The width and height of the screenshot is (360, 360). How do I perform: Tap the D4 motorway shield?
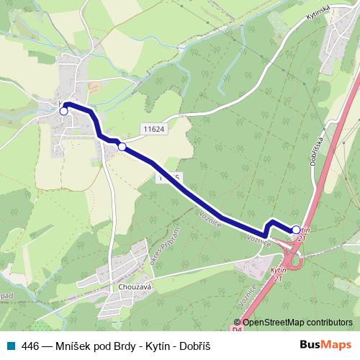[238, 329]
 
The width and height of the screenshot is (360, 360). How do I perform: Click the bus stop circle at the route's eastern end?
[297, 230]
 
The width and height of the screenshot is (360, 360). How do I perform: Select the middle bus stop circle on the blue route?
[122, 147]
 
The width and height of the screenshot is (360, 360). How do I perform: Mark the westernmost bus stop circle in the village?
[63, 111]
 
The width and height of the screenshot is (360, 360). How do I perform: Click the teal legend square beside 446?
[9, 346]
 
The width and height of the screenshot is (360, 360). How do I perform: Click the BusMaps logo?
[326, 345]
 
